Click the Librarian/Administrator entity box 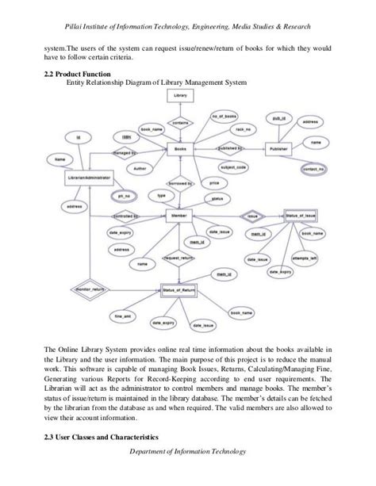[89, 178]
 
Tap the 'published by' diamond [229, 148]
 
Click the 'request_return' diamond [178, 258]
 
